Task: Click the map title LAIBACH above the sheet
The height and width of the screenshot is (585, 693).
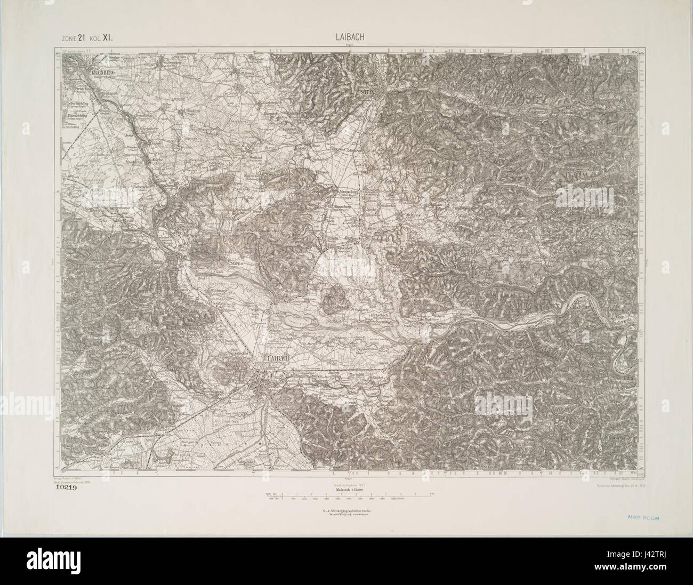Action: coord(346,37)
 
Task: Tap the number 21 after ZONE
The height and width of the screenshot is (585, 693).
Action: coord(82,37)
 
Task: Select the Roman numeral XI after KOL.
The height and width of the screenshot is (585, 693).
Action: coord(110,37)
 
